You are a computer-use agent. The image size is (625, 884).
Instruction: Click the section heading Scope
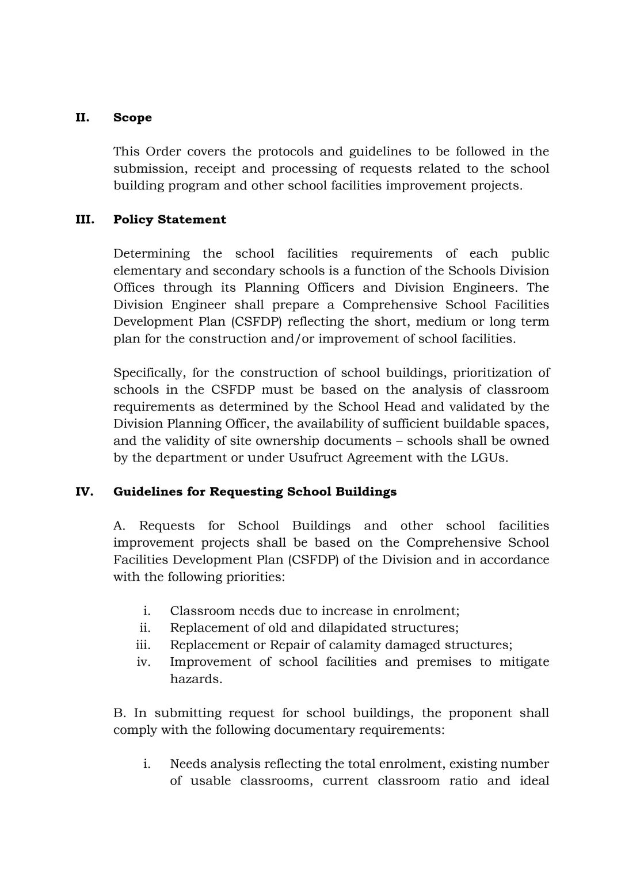point(132,117)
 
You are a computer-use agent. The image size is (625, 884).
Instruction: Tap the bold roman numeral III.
point(85,219)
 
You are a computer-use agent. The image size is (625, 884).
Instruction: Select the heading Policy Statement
point(169,219)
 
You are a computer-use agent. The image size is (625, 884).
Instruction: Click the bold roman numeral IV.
point(85,491)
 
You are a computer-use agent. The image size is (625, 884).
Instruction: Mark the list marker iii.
point(143,645)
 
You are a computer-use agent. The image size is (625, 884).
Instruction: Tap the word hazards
point(196,679)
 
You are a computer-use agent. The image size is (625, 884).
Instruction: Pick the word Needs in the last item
point(188,764)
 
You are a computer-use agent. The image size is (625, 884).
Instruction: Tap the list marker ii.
point(144,627)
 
